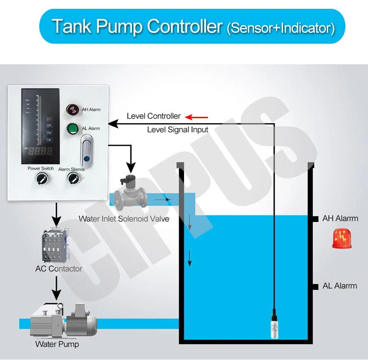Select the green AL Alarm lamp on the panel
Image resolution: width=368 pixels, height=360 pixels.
73,129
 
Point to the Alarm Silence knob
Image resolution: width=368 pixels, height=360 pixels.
72,180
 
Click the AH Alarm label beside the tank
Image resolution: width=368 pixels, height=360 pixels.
340,218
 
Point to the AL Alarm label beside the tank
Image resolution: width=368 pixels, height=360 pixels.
340,285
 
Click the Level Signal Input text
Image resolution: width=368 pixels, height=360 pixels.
178,130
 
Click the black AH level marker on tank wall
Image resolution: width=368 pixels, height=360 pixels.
310,218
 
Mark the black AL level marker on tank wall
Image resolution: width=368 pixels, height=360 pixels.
310,285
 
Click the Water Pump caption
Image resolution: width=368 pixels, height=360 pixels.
57,344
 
